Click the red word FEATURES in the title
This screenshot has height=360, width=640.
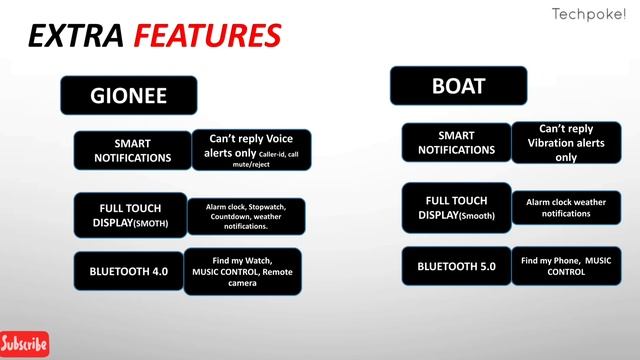(x=207, y=37)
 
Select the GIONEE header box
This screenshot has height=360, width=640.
(x=129, y=96)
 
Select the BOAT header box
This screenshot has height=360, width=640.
(x=458, y=86)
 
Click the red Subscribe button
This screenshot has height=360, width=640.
(x=24, y=344)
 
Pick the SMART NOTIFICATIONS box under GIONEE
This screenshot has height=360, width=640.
(x=132, y=150)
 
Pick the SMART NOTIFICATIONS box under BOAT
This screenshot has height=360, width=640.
(x=456, y=142)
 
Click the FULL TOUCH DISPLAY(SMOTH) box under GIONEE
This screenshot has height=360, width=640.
(x=130, y=214)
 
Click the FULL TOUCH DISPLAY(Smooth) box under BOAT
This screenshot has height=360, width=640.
(x=456, y=207)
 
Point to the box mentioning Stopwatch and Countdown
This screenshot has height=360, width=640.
(x=245, y=217)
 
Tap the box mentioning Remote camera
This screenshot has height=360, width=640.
(x=243, y=271)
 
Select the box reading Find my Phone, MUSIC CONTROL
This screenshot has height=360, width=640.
(x=566, y=265)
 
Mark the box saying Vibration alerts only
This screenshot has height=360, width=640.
(x=566, y=143)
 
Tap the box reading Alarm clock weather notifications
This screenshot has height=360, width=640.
(x=566, y=207)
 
